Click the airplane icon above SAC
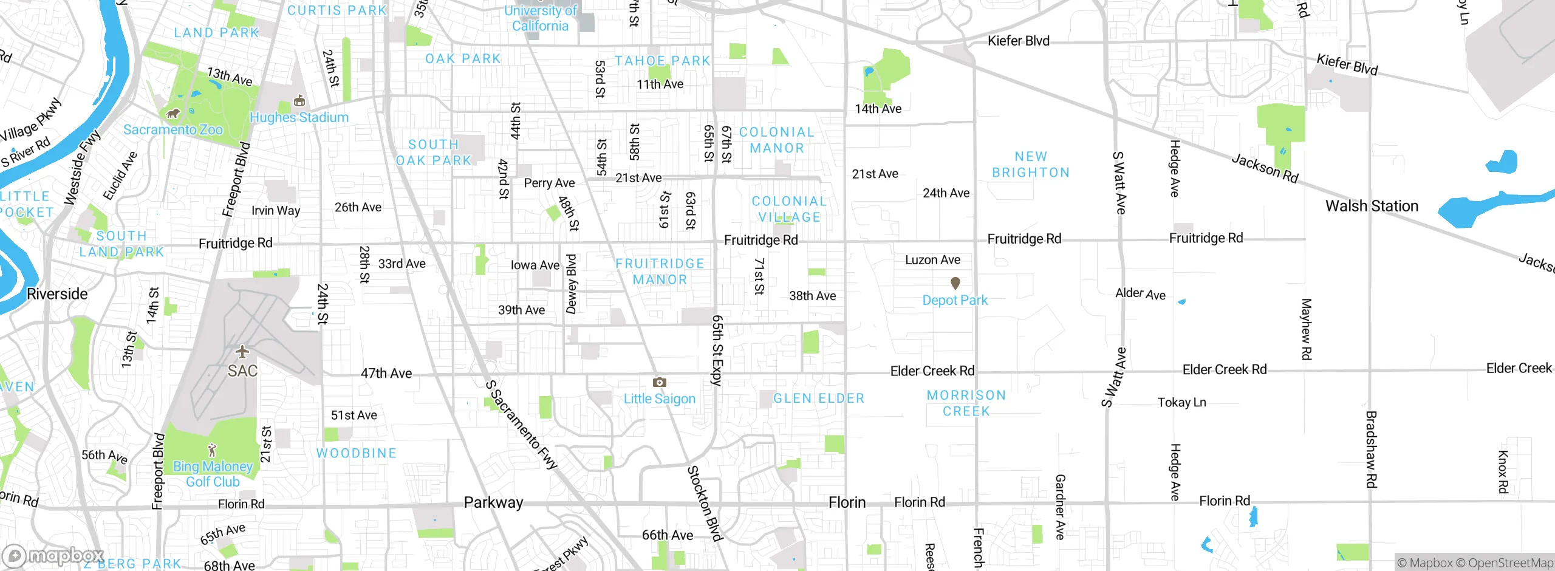[x=242, y=351]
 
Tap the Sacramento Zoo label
[x=173, y=129]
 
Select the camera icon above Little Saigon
[x=659, y=382]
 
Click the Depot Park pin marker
[x=955, y=283]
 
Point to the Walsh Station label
[x=1372, y=206]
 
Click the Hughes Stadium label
[x=299, y=117]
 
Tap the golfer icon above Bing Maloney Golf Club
[x=212, y=450]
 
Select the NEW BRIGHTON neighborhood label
[x=1031, y=165]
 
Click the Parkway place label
[x=493, y=502]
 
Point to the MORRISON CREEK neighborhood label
[x=966, y=403]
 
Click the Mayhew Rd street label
[x=1306, y=329]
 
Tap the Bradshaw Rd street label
[x=1370, y=450]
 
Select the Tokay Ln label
[x=1181, y=402]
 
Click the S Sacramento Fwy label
[x=521, y=425]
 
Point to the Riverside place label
[x=57, y=294]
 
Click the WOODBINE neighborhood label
[x=357, y=453]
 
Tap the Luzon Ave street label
[x=932, y=260]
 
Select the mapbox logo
[x=53, y=556]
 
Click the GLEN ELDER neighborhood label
[x=818, y=398]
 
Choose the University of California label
[x=540, y=18]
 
